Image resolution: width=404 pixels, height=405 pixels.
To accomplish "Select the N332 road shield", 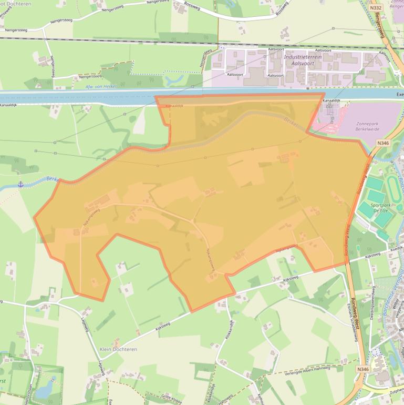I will [x=375, y=8].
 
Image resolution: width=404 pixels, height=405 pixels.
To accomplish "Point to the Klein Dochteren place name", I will [x=118, y=349].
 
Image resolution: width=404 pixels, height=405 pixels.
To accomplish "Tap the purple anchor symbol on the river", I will [x=21, y=184].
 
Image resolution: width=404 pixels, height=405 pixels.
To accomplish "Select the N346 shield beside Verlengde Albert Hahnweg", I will [x=363, y=370].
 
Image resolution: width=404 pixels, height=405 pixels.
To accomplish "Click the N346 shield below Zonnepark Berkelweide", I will [x=383, y=143].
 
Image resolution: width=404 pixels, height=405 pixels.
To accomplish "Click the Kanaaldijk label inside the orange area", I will [x=174, y=106].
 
